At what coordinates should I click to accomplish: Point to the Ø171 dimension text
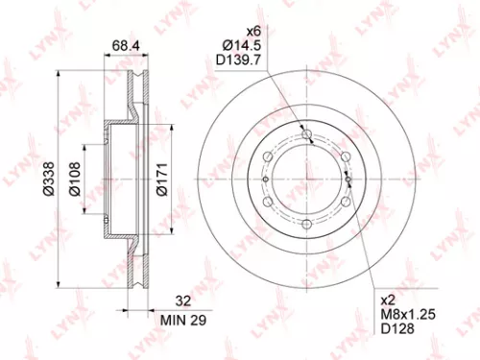click(x=162, y=177)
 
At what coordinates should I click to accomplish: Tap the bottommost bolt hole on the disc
click(x=306, y=222)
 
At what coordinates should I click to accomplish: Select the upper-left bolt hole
click(x=270, y=156)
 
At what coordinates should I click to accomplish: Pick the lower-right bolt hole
click(x=344, y=200)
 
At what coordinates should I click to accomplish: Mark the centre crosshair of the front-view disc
click(x=306, y=179)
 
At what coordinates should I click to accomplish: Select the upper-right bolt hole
click(x=344, y=156)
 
